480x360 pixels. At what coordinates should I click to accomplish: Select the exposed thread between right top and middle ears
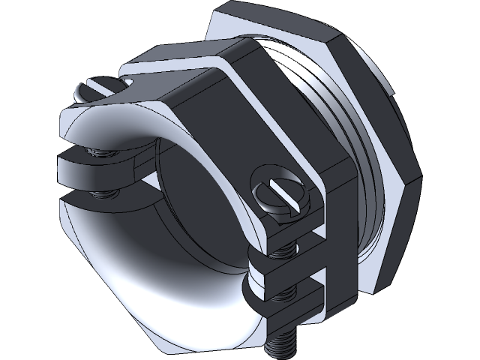click(x=283, y=248)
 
